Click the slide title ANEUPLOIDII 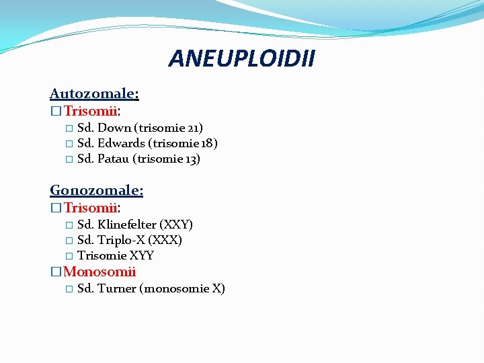241,58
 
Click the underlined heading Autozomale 94,94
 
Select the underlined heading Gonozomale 96,191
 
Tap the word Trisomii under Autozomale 91,110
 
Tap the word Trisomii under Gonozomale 91,208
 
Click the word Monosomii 99,272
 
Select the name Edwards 121,143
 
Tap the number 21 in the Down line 192,128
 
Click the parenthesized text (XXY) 175,225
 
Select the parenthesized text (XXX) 165,240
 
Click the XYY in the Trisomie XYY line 142,256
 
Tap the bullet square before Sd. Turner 69,290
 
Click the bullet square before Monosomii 56,273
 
